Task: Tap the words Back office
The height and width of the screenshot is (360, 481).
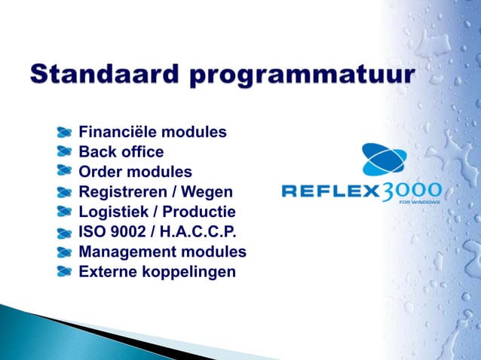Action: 121,152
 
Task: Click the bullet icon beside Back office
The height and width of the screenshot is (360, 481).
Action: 66,151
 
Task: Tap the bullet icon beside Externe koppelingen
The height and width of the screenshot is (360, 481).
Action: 66,270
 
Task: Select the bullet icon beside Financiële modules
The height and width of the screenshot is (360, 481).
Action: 66,132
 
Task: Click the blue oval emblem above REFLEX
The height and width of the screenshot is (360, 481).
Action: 384,160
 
